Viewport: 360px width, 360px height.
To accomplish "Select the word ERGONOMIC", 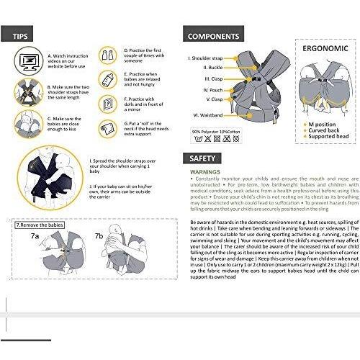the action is (325, 49).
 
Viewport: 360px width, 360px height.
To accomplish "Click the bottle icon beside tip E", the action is (107, 78).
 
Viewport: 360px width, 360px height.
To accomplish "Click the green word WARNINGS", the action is (205, 173).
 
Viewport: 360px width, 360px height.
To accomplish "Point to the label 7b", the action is (99, 215).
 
